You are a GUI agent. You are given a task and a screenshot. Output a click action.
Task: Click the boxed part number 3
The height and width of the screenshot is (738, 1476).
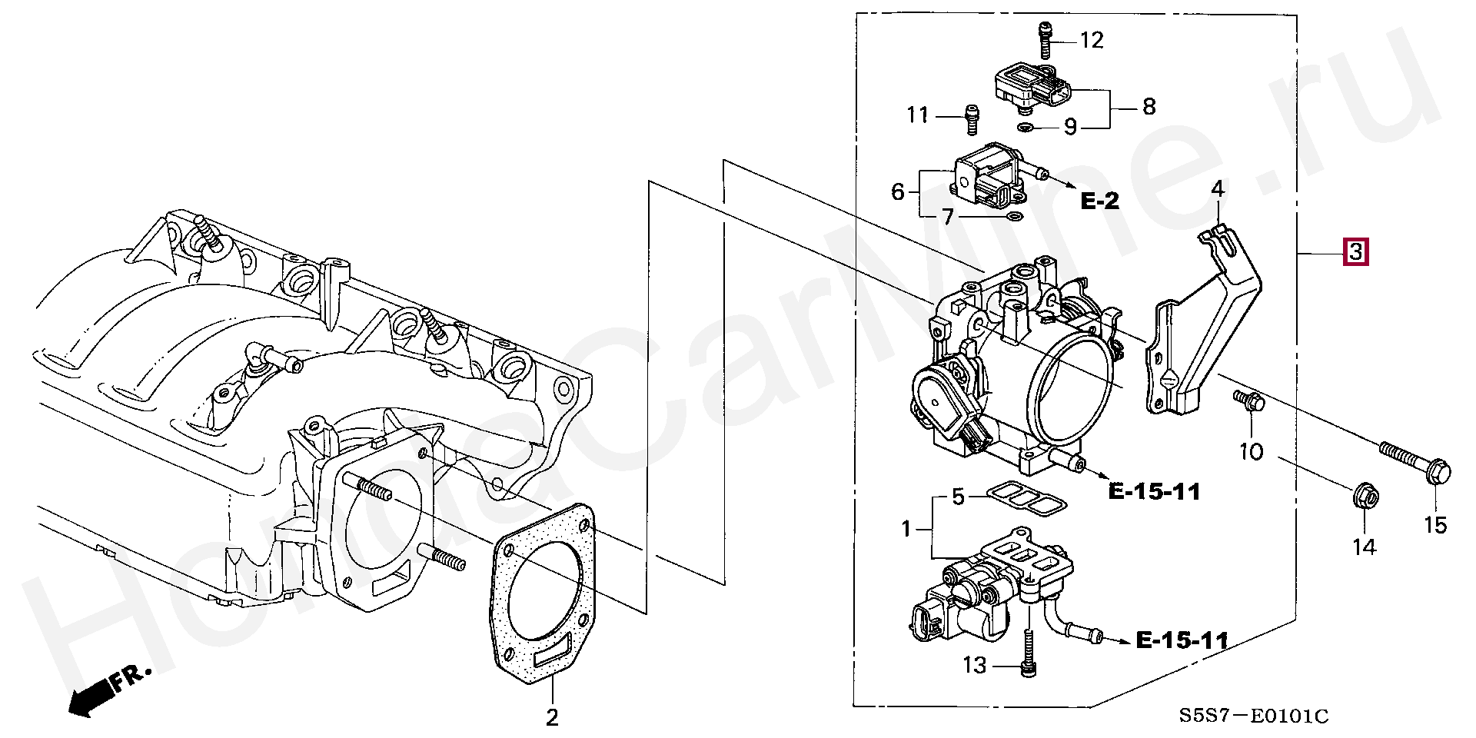coord(1355,251)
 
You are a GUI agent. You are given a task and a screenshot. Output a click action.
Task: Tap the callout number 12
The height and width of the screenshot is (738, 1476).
coord(1092,40)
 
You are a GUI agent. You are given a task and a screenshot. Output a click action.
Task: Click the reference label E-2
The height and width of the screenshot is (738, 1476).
coord(1100,201)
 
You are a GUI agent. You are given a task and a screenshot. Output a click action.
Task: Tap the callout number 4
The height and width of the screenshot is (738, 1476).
coord(1217,188)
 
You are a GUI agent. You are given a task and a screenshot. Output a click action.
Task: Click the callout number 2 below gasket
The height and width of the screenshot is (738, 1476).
coord(552,717)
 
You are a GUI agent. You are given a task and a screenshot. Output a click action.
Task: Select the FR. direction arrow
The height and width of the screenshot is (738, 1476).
coord(108,690)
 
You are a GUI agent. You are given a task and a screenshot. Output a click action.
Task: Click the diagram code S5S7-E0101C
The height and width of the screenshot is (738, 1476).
coord(1255,716)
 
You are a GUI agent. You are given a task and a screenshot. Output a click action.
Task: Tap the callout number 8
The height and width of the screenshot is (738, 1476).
coord(1149,107)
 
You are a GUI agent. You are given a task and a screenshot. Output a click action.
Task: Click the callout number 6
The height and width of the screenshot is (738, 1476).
coord(897,191)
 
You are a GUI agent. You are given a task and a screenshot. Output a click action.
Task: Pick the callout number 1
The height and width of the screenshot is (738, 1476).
coord(906,529)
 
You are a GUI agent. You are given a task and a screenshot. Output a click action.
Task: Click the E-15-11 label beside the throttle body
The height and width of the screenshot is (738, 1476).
coord(1155,491)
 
